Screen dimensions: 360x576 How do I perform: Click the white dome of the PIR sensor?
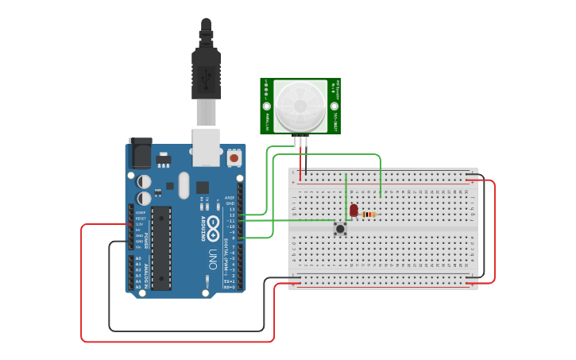[x=300, y=105]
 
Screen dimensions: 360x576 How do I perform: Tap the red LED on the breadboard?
[x=354, y=211]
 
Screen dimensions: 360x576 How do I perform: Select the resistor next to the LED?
[x=369, y=214]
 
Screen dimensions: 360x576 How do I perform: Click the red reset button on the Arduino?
[x=234, y=158]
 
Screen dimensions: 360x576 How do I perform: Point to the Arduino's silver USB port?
[x=206, y=148]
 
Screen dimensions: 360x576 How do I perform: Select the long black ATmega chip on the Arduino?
[x=161, y=248]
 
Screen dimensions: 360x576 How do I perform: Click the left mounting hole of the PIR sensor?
[x=268, y=106]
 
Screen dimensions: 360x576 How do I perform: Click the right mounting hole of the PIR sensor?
[x=334, y=106]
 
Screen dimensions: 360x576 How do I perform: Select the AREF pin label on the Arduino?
[x=230, y=197]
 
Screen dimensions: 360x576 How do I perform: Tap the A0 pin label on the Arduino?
[x=138, y=259]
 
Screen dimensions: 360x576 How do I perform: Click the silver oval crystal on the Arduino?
[x=184, y=186]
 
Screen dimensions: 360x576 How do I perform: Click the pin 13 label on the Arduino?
[x=232, y=209]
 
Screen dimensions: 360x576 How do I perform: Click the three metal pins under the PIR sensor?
[x=300, y=141]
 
